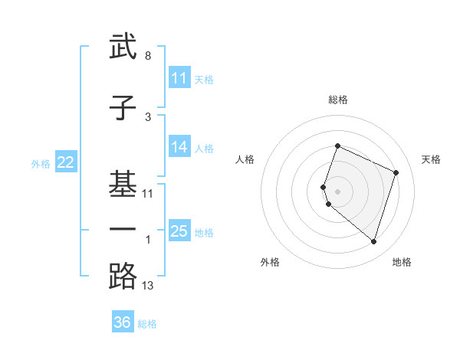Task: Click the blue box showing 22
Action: click(65, 162)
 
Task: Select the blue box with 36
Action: click(123, 322)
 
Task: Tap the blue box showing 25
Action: click(179, 231)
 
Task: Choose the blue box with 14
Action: click(179, 148)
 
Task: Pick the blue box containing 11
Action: click(179, 77)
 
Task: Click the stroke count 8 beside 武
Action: click(148, 57)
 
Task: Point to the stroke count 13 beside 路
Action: click(148, 286)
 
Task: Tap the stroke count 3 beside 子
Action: click(148, 117)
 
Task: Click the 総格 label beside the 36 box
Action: click(148, 324)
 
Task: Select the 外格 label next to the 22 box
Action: click(41, 163)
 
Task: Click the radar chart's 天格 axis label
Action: click(431, 159)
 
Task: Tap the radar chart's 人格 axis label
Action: click(245, 159)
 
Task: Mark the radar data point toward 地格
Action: click(373, 242)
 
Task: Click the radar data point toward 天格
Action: click(396, 172)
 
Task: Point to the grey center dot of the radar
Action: click(338, 191)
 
